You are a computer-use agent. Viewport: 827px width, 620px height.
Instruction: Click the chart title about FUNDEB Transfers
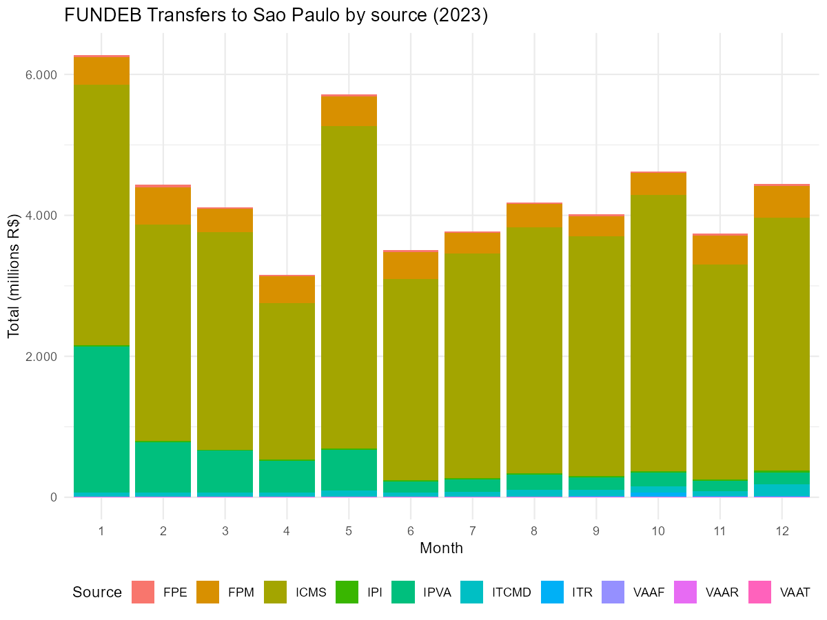click(x=276, y=15)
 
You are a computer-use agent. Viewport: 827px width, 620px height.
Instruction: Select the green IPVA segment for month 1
click(x=101, y=419)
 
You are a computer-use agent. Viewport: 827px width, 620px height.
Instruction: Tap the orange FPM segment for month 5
click(x=349, y=111)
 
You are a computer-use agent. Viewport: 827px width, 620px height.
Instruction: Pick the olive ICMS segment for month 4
click(x=287, y=381)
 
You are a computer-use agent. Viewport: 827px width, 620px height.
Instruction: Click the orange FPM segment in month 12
click(x=782, y=202)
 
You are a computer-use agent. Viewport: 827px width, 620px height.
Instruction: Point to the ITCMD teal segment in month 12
click(x=782, y=490)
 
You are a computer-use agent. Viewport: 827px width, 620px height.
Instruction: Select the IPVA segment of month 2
click(x=163, y=467)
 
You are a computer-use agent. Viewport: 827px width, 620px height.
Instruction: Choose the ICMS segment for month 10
click(x=658, y=333)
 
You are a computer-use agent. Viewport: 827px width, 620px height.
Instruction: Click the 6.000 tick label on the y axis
click(x=41, y=75)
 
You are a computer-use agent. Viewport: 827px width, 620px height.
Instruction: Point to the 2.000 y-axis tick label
click(x=41, y=356)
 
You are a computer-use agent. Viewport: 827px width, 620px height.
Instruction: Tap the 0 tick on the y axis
click(x=54, y=497)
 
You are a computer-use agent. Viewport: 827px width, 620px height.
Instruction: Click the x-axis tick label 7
click(x=473, y=530)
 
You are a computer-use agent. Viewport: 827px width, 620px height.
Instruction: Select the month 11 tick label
click(x=719, y=530)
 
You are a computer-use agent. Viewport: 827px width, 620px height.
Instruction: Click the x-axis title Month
click(x=441, y=548)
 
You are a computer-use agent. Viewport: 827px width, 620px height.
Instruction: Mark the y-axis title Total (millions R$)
click(x=14, y=276)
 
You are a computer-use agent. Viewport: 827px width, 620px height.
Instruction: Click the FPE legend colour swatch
click(x=143, y=592)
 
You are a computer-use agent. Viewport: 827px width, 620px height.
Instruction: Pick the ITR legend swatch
click(x=552, y=592)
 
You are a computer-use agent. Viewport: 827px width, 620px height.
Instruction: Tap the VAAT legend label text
click(x=795, y=592)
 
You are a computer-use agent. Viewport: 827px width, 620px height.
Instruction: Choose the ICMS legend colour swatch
click(x=275, y=592)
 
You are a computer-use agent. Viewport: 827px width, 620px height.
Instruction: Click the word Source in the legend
click(x=97, y=592)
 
